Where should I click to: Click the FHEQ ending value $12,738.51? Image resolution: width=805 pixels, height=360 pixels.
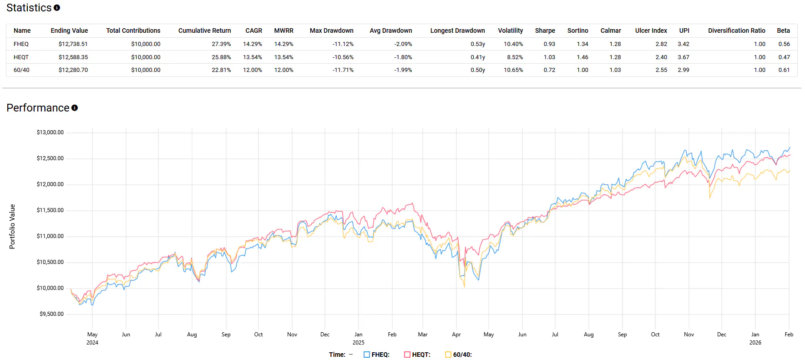tap(73, 44)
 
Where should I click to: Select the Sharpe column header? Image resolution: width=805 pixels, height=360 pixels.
tap(545, 30)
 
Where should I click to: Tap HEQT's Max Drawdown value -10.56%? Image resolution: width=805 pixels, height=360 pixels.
tap(343, 57)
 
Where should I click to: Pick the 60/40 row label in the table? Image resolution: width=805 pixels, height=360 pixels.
tap(21, 70)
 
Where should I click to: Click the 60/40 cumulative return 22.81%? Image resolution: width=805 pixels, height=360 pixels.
tap(221, 70)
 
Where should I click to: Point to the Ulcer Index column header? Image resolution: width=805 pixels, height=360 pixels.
tap(651, 30)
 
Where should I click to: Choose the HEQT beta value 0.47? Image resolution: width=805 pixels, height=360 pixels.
tap(784, 57)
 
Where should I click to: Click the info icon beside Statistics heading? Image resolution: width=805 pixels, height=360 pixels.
tap(57, 8)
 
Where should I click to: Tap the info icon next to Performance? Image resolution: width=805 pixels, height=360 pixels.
tap(75, 108)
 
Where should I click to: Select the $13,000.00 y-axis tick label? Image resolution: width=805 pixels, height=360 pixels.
tap(50, 132)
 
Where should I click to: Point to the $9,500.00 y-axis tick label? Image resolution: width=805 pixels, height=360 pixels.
tap(51, 314)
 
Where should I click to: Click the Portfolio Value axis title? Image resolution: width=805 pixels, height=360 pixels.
tap(12, 227)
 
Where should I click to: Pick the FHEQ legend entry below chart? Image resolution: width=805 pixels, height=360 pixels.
tap(376, 355)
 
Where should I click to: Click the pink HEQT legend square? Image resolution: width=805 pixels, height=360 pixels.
tap(407, 355)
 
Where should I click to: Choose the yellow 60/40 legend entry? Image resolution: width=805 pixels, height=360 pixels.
tap(458, 355)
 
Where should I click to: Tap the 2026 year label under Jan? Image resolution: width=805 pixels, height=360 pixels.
tap(755, 343)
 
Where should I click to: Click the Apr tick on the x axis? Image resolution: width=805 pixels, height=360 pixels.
tap(456, 335)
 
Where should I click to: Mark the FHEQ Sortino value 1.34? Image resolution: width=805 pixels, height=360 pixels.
tap(582, 44)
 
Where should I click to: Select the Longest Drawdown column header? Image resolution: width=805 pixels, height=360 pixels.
tap(457, 30)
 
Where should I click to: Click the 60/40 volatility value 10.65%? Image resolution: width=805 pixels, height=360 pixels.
tap(513, 70)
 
